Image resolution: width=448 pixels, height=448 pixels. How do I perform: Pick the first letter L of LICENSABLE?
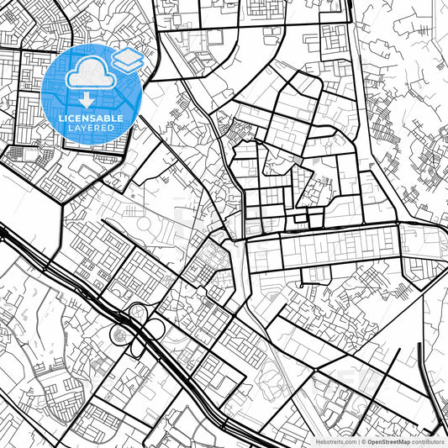coord(61,119)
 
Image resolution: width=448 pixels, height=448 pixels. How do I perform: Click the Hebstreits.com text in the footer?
coord(333,441)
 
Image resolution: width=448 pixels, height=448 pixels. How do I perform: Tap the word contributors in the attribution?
coord(429,441)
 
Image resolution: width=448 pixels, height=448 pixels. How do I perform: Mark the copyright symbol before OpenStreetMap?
coord(362,441)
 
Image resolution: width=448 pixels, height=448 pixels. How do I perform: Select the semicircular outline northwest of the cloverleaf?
coord(117,292)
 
